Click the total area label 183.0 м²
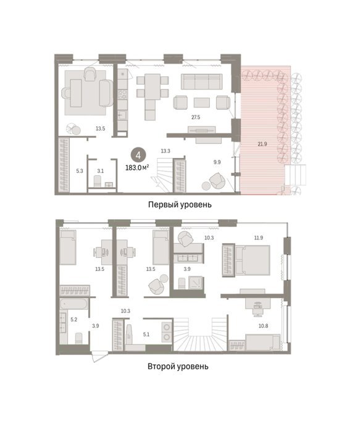[x=137, y=167]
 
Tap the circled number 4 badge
[x=138, y=156]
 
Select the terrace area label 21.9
[x=262, y=144]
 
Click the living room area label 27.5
[x=196, y=117]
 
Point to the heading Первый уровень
[x=180, y=204]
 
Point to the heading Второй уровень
[x=178, y=367]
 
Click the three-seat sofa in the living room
[x=201, y=81]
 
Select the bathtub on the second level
[x=75, y=304]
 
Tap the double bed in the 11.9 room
[x=252, y=260]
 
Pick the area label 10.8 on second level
[x=263, y=326]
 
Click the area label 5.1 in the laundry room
[x=146, y=334]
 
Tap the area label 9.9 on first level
[x=217, y=162]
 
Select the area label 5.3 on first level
[x=80, y=171]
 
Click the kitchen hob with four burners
[x=122, y=94]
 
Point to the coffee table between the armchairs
[x=202, y=102]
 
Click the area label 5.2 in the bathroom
[x=74, y=320]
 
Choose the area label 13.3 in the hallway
[x=165, y=151]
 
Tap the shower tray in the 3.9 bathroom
[x=195, y=283]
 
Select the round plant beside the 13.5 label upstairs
[x=164, y=278]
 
